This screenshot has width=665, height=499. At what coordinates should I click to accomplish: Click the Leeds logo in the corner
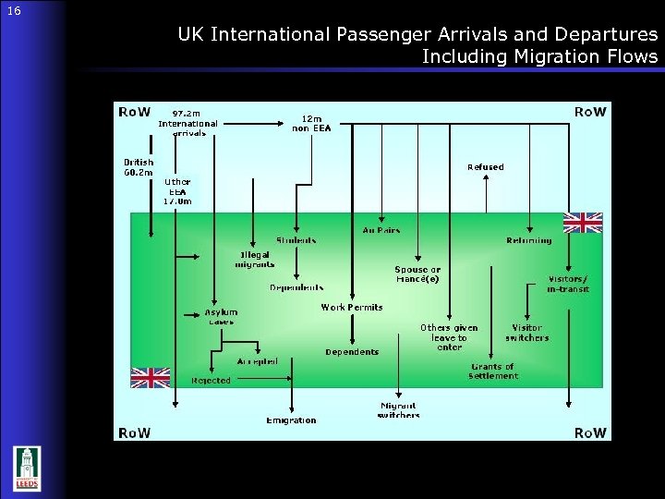coord(28,469)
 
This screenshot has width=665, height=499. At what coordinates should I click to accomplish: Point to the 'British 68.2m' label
coord(139,167)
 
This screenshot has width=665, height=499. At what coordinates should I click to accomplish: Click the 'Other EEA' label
coord(177,191)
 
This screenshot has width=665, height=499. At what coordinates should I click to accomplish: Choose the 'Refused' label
coord(486,167)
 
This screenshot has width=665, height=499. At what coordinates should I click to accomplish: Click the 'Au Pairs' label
coord(380,230)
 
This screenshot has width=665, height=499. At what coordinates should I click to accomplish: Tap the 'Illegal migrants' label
coord(256,259)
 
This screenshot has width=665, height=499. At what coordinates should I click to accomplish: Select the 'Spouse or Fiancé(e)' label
coord(417,274)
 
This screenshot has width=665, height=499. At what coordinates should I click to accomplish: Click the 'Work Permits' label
coord(351,307)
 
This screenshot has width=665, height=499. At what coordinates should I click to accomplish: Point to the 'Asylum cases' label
coord(222,317)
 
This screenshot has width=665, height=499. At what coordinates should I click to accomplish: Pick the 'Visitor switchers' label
coord(526,333)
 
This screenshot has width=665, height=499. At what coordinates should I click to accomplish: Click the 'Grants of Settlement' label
coord(492,371)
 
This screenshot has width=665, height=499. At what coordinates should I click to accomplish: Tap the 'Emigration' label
coord(291,420)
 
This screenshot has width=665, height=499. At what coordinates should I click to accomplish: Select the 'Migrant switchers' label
coord(398,410)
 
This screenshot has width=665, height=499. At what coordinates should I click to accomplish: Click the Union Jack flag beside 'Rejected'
coord(150,377)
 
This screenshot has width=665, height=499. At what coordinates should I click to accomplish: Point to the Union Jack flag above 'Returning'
coord(583,222)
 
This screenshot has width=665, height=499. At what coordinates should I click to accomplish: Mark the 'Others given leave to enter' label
coord(449,337)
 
